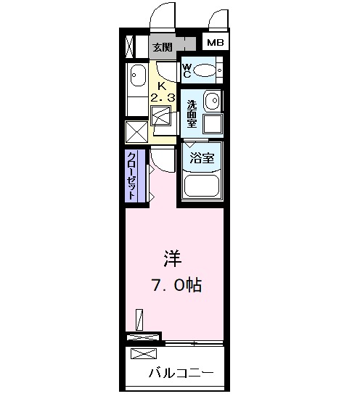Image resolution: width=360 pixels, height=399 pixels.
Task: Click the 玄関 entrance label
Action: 163,47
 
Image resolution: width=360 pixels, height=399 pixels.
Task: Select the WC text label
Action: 186,70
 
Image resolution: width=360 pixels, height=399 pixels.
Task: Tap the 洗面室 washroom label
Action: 191,113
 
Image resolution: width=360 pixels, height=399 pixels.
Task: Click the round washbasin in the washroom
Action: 211,100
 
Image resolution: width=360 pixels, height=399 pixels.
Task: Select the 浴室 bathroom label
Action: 202,158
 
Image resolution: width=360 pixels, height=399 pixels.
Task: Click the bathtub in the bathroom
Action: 202,185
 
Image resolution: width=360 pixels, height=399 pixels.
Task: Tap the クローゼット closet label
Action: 132,176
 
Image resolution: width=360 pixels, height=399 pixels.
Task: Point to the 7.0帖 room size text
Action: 176,285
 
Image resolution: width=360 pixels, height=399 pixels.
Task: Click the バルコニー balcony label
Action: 181,374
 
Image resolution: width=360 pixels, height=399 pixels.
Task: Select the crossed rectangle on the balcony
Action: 144,353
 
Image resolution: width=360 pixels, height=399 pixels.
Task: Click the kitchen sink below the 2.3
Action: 160,116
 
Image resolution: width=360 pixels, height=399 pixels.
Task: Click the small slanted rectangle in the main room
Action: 140,318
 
